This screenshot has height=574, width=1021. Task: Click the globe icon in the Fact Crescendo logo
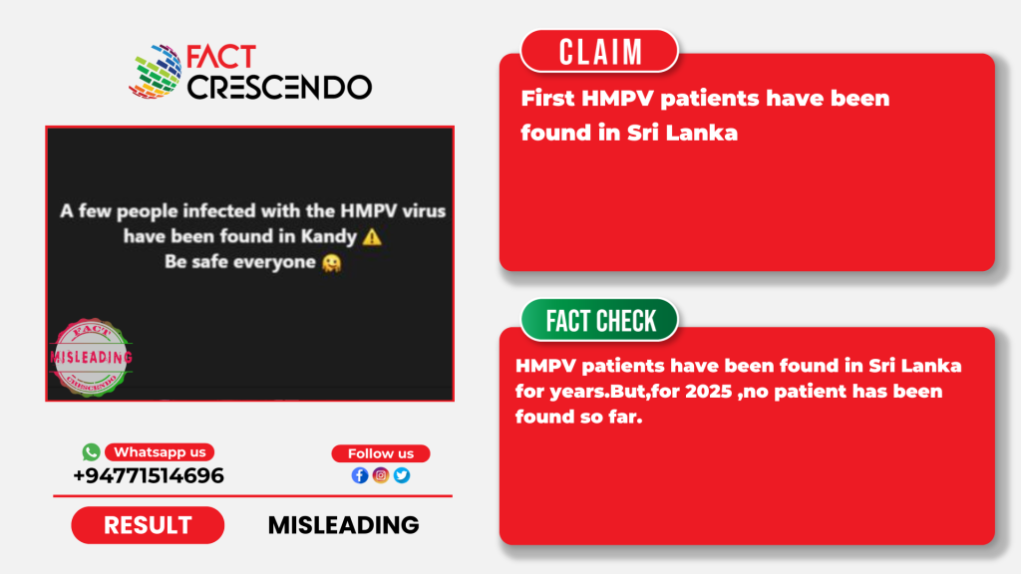156,72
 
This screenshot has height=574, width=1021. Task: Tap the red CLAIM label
599,52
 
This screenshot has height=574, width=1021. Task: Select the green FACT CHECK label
599,320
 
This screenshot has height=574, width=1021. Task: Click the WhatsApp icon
91,451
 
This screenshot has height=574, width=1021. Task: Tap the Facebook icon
359,475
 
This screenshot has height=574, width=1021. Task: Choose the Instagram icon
381,475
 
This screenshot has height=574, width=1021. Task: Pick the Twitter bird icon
402,475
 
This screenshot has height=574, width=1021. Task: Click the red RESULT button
148,525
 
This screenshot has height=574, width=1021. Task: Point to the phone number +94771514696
149,475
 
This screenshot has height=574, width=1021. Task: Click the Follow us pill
381,453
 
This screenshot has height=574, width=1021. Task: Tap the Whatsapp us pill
160,452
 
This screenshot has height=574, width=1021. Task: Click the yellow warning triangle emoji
372,237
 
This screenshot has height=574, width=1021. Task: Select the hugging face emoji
331,263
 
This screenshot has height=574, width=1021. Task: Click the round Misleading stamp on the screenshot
91,358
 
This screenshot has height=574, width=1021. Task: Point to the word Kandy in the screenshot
329,237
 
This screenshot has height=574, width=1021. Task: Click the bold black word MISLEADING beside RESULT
343,525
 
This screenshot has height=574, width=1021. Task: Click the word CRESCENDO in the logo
280,88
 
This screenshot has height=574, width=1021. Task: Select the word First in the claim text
547,99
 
